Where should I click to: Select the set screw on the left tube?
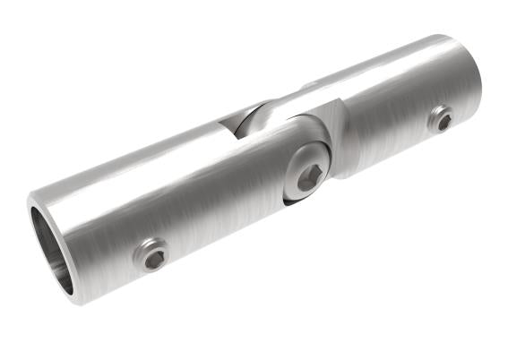click(152, 257)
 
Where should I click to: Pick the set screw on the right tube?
click(440, 118)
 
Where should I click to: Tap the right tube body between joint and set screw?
click(394, 116)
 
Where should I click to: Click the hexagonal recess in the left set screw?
click(153, 258)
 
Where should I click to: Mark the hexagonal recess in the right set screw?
click(441, 119)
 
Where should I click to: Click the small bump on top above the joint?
click(309, 86)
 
